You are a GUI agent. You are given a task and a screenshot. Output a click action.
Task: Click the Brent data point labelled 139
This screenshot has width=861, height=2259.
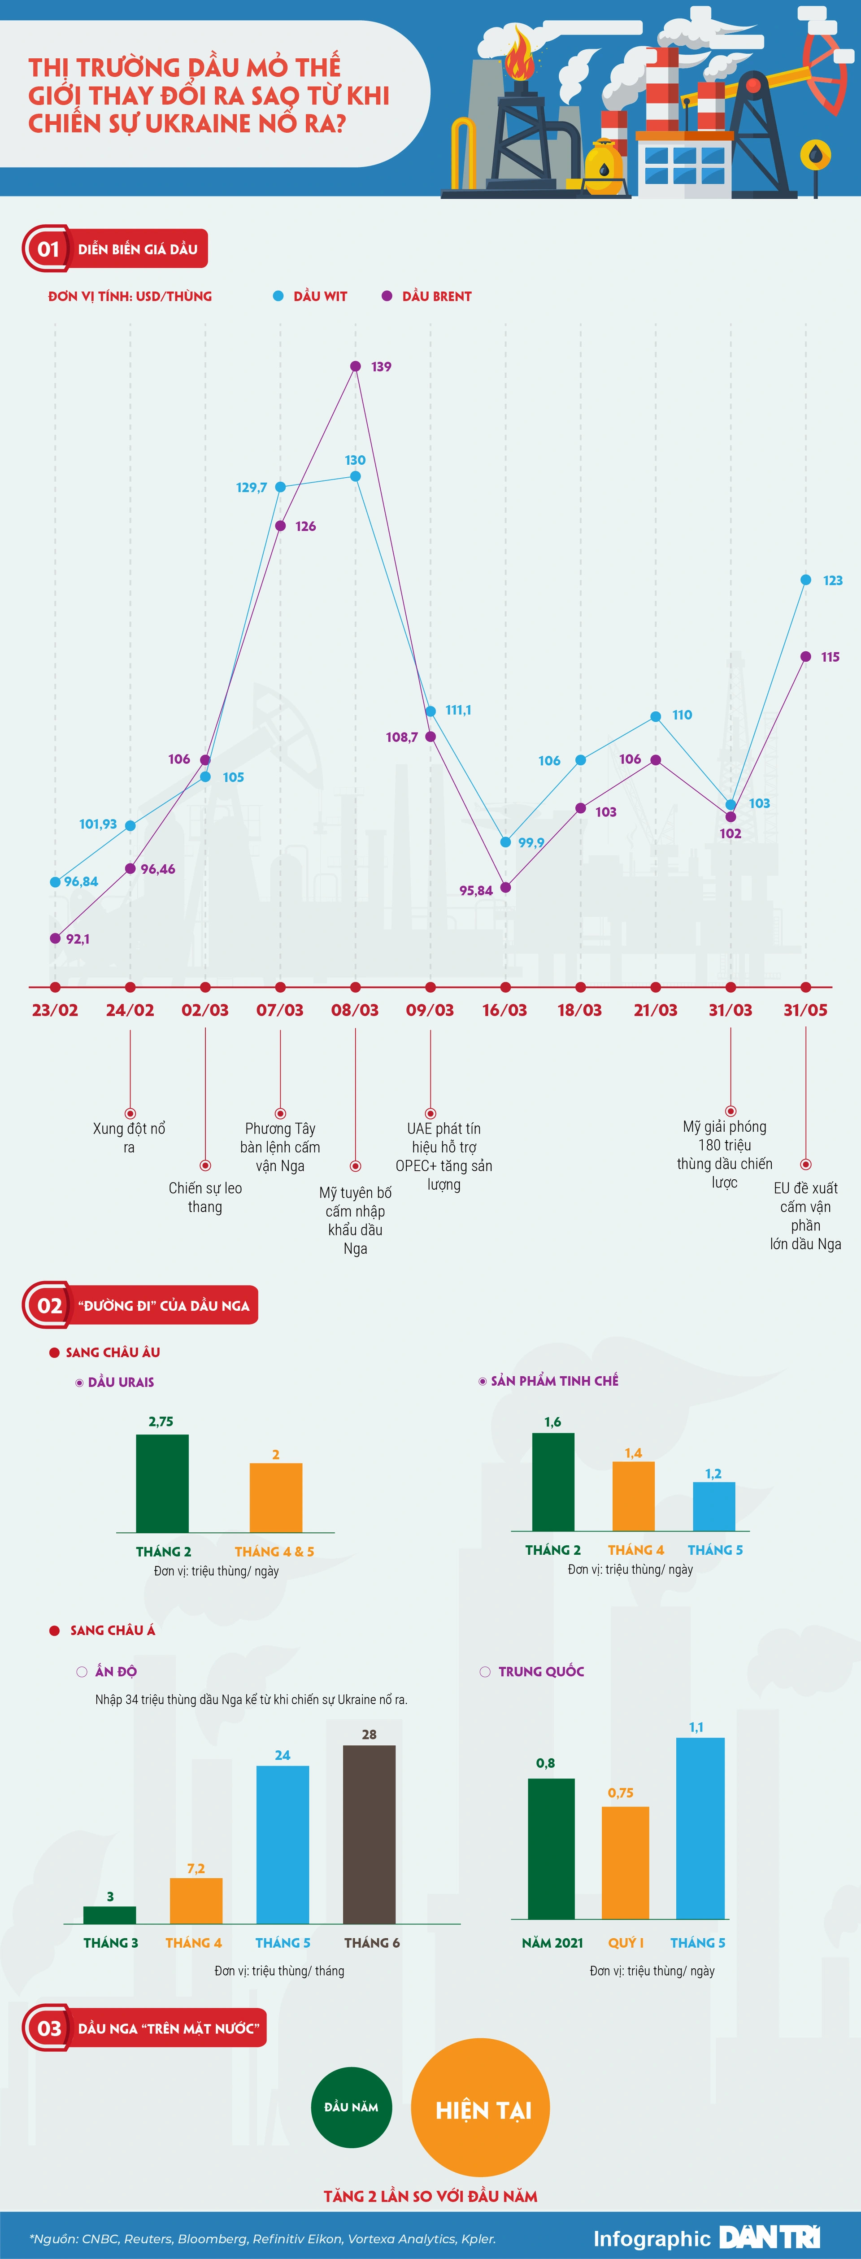coord(355,366)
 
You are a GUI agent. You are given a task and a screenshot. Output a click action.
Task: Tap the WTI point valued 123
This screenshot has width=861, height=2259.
coord(806,580)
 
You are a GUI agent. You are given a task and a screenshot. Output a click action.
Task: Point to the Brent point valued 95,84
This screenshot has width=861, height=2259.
coord(505,887)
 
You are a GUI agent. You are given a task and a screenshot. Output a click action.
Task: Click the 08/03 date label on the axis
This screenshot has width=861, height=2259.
coord(355,1010)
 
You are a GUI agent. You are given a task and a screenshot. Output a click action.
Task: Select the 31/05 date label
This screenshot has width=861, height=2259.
coord(805,1010)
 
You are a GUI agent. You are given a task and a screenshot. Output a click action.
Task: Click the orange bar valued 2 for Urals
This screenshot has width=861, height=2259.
coord(276,1498)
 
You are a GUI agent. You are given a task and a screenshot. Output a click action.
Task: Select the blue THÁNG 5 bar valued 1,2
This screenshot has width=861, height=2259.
coord(714,1507)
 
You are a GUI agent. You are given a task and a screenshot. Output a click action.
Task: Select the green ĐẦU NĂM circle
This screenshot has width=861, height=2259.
coord(352,2107)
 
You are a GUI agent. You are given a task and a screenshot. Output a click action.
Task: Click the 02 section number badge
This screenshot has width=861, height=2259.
coord(48,1306)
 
